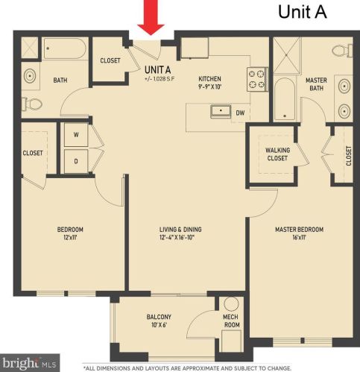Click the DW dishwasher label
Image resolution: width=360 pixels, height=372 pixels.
(x=240, y=113)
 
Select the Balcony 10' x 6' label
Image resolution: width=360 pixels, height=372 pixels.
(x=159, y=321)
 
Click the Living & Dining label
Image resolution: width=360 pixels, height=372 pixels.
(x=181, y=233)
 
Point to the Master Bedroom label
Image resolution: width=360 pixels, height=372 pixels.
(x=299, y=233)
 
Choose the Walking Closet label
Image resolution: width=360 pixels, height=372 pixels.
(x=277, y=154)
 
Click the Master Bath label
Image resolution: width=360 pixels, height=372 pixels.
(x=317, y=86)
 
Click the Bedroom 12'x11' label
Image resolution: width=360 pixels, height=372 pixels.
(x=71, y=233)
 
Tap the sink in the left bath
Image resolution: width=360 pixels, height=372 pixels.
(x=31, y=75)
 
